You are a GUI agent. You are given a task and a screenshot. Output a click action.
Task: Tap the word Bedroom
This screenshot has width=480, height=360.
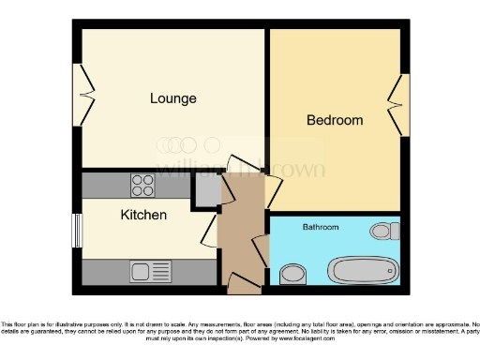click(x=335, y=120)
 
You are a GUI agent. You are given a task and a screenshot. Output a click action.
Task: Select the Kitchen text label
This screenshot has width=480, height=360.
click(x=143, y=215)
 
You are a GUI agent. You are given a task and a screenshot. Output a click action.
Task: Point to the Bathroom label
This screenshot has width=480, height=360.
click(x=320, y=227)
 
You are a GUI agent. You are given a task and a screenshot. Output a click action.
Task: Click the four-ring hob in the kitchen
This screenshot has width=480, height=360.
click(x=142, y=185)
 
